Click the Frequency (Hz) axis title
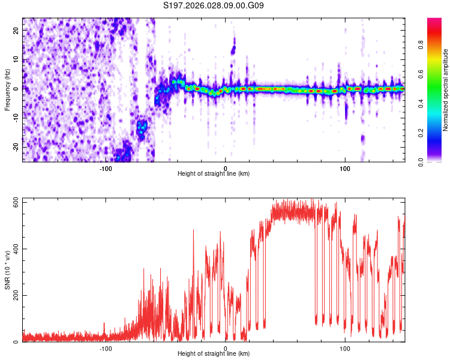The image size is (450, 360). pyautogui.click(x=7, y=90)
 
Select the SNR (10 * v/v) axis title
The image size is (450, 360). pyautogui.click(x=7, y=271)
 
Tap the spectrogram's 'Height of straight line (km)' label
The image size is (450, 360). pyautogui.click(x=214, y=174)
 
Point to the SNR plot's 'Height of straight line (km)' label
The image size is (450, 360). pyautogui.click(x=214, y=354)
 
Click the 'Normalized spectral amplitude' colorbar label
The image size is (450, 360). pyautogui.click(x=446, y=90)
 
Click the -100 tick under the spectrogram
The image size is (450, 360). pyautogui.click(x=106, y=168)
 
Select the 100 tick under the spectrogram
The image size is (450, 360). pyautogui.click(x=345, y=168)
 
